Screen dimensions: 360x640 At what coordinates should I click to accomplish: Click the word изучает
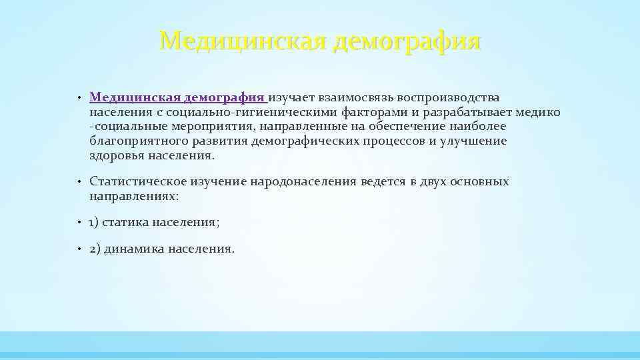[293, 98]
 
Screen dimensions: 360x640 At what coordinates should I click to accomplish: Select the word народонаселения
[303, 181]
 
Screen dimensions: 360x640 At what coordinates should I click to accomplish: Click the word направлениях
[133, 196]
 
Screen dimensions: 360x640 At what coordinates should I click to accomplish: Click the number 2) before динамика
[95, 249]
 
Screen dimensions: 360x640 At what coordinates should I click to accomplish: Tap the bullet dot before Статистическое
[78, 182]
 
